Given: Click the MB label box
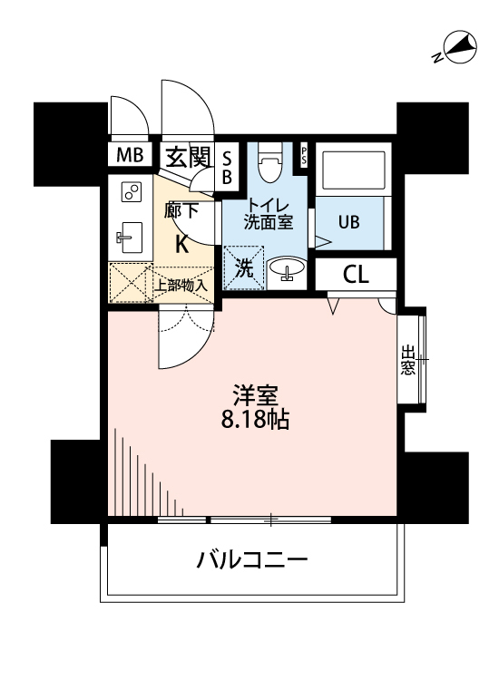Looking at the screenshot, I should tap(130, 155).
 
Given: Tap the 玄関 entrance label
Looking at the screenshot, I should tap(188, 156).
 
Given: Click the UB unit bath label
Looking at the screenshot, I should tap(348, 220).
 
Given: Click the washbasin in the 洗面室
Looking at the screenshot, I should tap(286, 270).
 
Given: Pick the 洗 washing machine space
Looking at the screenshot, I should tap(244, 268).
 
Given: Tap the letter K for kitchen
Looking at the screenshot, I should tap(181, 242).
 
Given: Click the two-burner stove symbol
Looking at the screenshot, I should tap(132, 193).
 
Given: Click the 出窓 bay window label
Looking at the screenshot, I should tap(407, 360).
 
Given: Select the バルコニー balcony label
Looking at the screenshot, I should tap(253, 559).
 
